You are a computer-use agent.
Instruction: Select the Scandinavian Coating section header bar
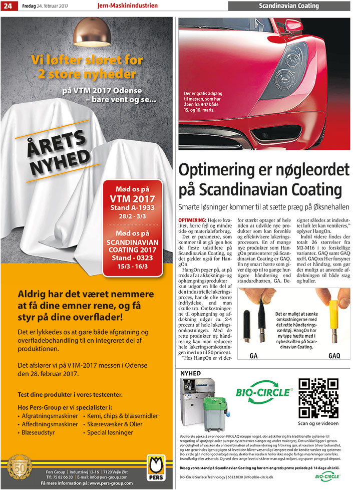[288, 6]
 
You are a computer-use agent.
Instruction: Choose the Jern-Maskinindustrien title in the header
[127, 6]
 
